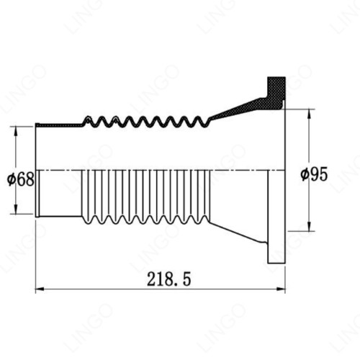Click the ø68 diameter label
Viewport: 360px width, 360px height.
[21, 179]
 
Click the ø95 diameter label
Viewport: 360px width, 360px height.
[314, 174]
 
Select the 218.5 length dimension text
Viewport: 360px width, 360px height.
[169, 279]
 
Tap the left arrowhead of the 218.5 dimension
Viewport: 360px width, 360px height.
[40, 289]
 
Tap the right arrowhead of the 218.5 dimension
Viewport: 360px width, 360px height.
[281, 289]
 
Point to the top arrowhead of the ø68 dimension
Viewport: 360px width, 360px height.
[16, 131]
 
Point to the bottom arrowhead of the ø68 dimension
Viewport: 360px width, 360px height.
[16, 209]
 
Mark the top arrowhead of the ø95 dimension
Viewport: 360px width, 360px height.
[309, 114]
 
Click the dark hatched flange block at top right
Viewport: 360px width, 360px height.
[276, 92]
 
